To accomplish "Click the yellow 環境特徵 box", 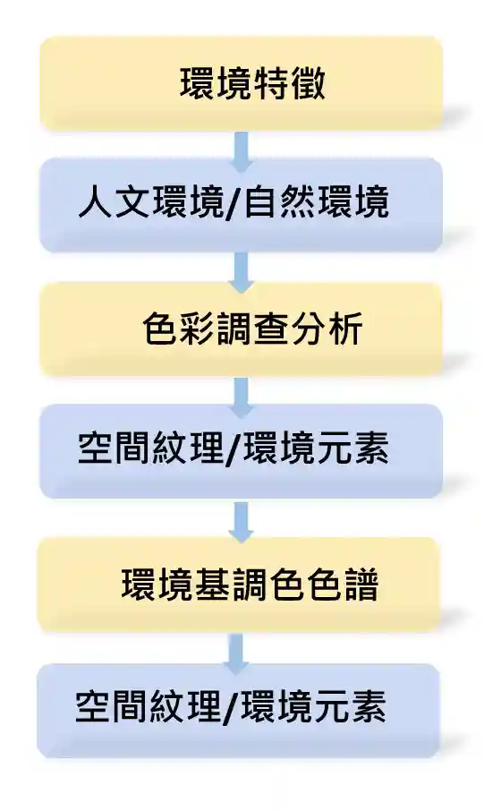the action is (x=242, y=83).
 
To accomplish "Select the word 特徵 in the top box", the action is (x=289, y=83).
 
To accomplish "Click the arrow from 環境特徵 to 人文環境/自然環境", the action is (x=242, y=151).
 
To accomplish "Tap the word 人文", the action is (x=115, y=201).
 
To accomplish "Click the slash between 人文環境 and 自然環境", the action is (x=234, y=202).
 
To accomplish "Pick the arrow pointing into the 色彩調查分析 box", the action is (x=242, y=273).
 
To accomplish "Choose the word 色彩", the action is (x=179, y=329).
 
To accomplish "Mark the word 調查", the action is (x=251, y=329).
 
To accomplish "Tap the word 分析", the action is (x=326, y=329).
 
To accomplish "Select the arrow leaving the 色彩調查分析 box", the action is (x=242, y=397).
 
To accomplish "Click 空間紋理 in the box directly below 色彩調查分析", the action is (x=151, y=448).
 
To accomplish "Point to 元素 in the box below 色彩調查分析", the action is (x=352, y=448).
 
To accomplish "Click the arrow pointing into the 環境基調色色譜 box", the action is (x=241, y=521).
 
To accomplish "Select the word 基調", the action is (x=231, y=585).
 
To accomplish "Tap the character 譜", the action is (x=360, y=585).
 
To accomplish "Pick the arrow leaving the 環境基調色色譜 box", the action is (x=236, y=653).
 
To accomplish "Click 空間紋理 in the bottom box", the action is (x=149, y=706).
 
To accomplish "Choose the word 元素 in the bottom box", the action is (x=351, y=706).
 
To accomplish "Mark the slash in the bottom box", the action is (x=231, y=707).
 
